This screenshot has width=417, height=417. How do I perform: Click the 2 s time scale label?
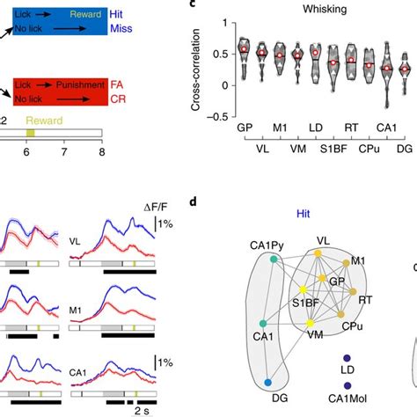(x=141, y=410)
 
